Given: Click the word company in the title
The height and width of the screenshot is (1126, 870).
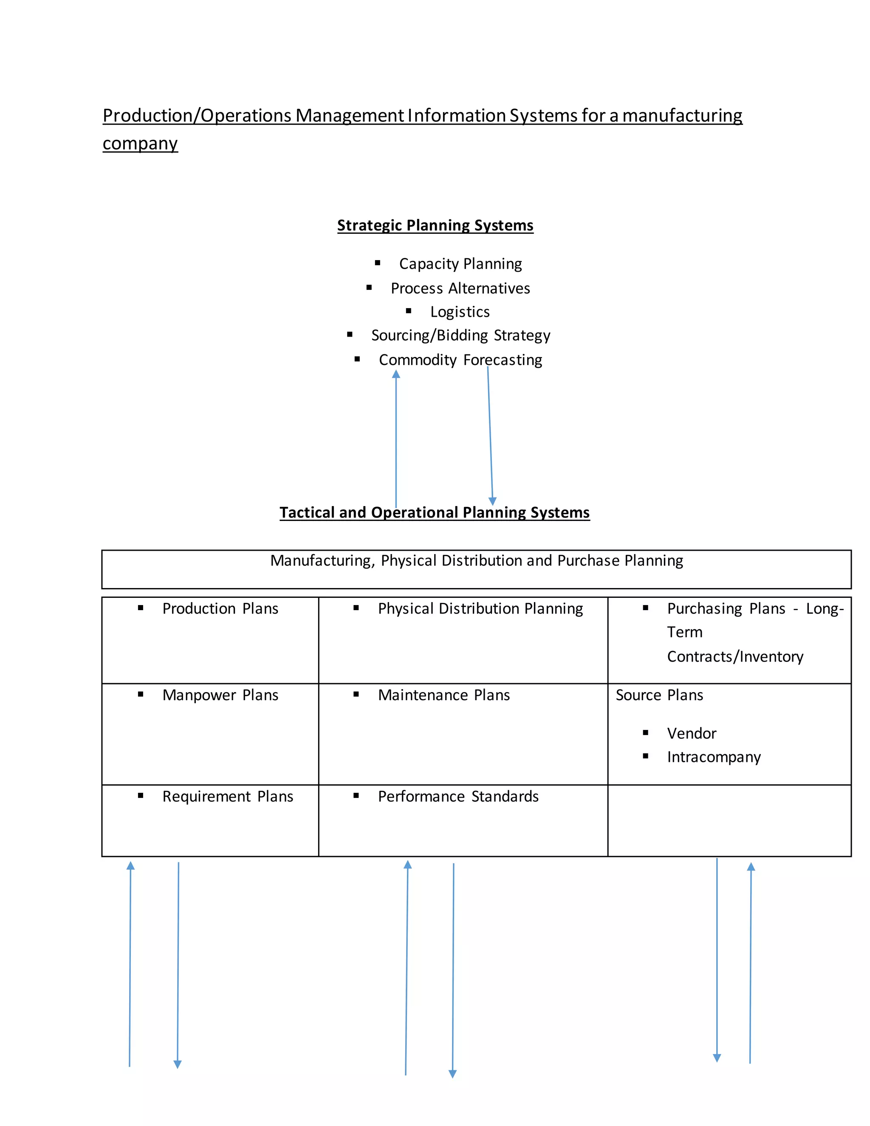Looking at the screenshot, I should (x=140, y=143).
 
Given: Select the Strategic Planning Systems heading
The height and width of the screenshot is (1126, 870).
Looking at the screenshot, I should (x=435, y=225).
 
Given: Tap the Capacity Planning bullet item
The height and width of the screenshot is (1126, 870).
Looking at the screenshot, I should (x=460, y=264).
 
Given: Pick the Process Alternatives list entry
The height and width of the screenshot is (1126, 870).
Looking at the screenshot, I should (x=460, y=288).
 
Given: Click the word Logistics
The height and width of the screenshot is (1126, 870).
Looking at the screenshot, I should (x=460, y=312).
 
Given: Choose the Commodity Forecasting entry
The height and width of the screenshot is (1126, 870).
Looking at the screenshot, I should (x=460, y=360).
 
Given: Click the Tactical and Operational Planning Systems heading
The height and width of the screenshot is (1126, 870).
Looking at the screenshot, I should (x=435, y=512).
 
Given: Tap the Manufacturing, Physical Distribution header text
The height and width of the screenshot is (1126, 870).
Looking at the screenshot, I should (x=476, y=560).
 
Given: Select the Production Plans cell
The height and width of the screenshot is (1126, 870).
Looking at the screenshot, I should (x=220, y=609).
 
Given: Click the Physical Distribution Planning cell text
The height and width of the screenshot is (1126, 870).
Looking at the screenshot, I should (x=480, y=609).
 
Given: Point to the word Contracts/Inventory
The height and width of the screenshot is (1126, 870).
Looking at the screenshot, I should (x=735, y=657).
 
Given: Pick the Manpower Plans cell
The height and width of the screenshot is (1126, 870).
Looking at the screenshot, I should (x=220, y=696).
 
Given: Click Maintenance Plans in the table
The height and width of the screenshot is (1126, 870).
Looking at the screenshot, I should (x=444, y=696).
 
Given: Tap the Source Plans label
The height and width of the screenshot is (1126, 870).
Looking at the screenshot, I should (x=659, y=696).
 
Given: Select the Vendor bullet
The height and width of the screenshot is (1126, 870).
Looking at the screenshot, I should (x=691, y=734).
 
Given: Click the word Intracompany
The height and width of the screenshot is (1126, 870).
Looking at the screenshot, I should (x=714, y=757).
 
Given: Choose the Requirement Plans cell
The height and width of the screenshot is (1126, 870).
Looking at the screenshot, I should (x=227, y=797).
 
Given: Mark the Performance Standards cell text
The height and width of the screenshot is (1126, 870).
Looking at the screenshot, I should (x=458, y=797).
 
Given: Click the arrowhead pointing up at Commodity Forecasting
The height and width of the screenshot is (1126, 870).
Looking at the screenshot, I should (x=396, y=374).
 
